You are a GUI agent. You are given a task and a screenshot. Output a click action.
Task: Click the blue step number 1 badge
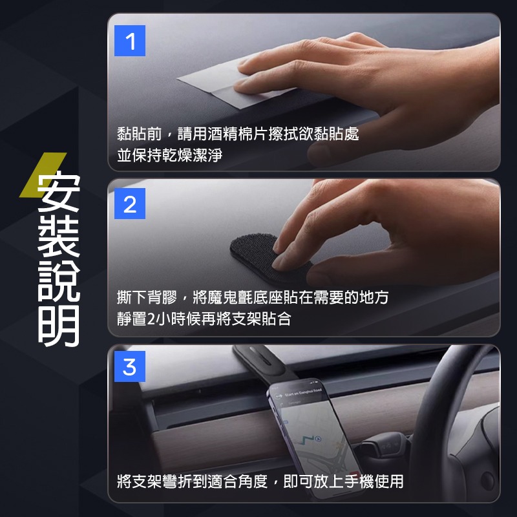(x=130, y=42)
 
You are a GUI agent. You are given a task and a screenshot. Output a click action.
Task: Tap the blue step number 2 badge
(x=130, y=205)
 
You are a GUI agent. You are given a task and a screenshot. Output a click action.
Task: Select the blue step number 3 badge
(x=130, y=367)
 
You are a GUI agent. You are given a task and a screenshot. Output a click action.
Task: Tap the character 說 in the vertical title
(x=59, y=285)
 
